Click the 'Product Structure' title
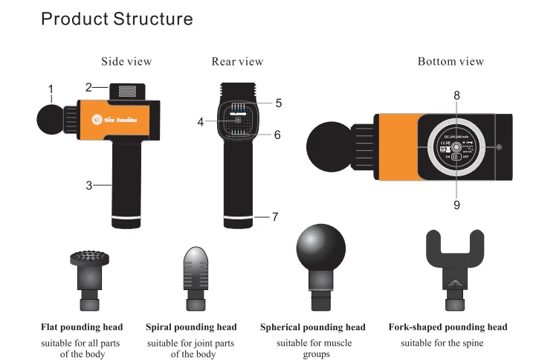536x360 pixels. [x=117, y=19]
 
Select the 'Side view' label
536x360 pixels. [x=126, y=61]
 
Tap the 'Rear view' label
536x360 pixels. [x=237, y=61]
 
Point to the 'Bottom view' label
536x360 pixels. [x=451, y=61]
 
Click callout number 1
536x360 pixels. [x=51, y=90]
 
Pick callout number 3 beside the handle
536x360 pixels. [x=88, y=185]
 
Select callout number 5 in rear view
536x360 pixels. [x=279, y=102]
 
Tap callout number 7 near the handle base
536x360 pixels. [x=275, y=217]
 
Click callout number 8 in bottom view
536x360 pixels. [x=456, y=95]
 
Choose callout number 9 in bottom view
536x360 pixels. [x=456, y=205]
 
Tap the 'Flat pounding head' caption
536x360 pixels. [x=82, y=327]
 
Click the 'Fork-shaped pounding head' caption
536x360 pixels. [x=448, y=327]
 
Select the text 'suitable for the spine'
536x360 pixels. [x=442, y=343]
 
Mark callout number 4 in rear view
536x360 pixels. [x=201, y=121]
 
